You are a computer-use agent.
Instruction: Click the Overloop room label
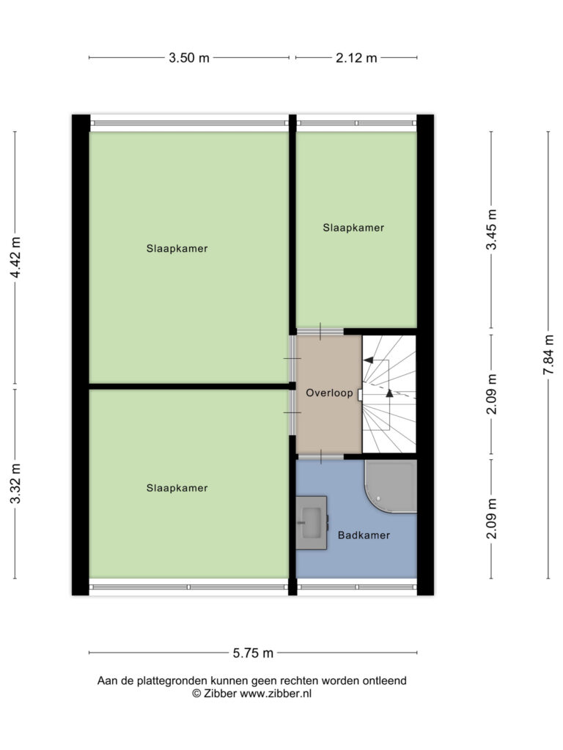329,393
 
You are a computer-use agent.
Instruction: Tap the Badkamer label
364,535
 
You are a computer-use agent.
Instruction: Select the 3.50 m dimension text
189,58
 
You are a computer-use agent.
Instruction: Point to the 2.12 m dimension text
356,58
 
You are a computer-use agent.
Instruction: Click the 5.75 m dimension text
253,653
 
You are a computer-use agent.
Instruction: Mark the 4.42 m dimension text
15,257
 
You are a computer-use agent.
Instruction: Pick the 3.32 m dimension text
15,483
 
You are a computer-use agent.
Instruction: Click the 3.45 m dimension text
491,229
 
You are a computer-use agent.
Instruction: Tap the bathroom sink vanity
311,523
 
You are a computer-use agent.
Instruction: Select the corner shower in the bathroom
391,486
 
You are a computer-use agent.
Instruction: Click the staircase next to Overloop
389,393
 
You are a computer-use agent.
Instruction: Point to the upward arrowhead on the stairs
389,393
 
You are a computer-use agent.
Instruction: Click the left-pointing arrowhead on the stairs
369,360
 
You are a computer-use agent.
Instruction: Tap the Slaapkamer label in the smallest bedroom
353,228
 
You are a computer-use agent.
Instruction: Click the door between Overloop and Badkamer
320,457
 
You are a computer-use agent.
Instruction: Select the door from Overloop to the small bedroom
320,331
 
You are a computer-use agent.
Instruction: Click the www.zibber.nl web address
276,694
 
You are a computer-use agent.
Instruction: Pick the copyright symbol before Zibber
196,694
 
